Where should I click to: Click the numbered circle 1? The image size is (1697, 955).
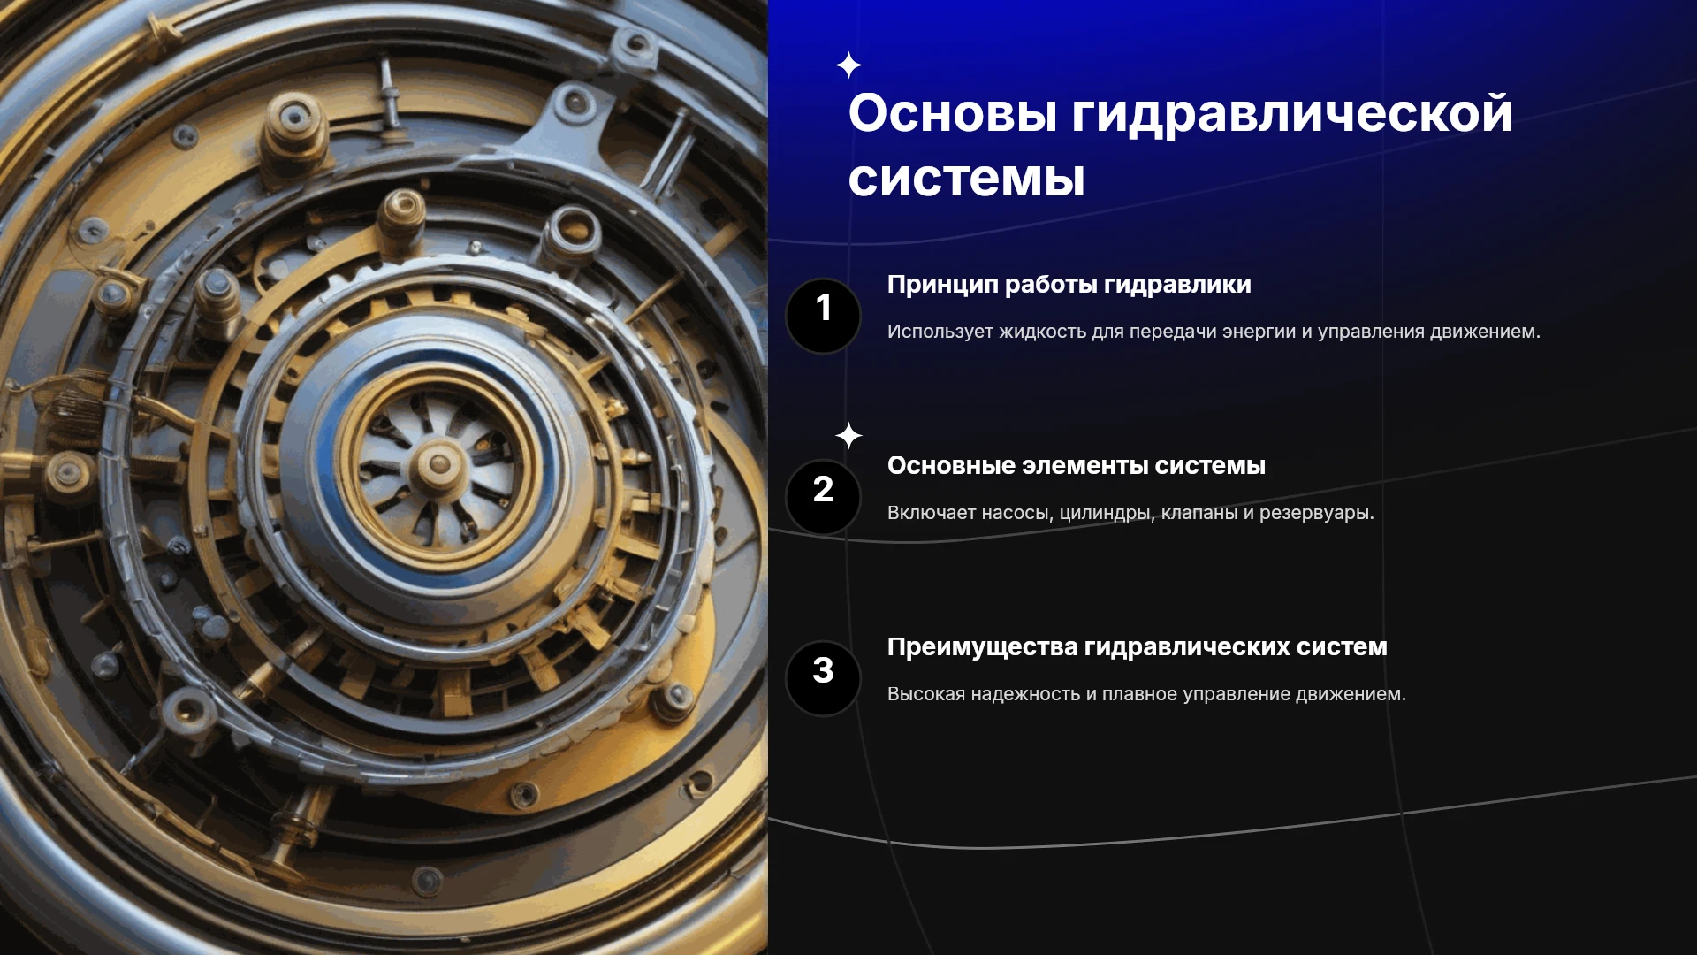pyautogui.click(x=823, y=316)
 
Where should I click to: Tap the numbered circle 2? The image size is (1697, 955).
pyautogui.click(x=823, y=497)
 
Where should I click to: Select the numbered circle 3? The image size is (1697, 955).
pyautogui.click(x=823, y=678)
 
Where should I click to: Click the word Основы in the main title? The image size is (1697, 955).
pyautogui.click(x=953, y=114)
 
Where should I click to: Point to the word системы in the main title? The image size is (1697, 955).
pyautogui.click(x=966, y=179)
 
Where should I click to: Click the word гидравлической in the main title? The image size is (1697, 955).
pyautogui.click(x=1292, y=116)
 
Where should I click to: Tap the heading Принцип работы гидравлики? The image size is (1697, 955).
pyautogui.click(x=1069, y=285)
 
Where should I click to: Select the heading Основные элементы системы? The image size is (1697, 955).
pyautogui.click(x=1076, y=465)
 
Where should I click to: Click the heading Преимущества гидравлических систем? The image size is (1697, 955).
pyautogui.click(x=1137, y=647)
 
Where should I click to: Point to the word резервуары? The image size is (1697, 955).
pyautogui.click(x=1316, y=514)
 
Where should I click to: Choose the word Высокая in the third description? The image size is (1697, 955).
pyautogui.click(x=926, y=694)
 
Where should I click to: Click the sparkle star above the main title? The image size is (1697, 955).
pyautogui.click(x=848, y=65)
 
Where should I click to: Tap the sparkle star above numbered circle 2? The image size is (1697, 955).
pyautogui.click(x=848, y=435)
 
